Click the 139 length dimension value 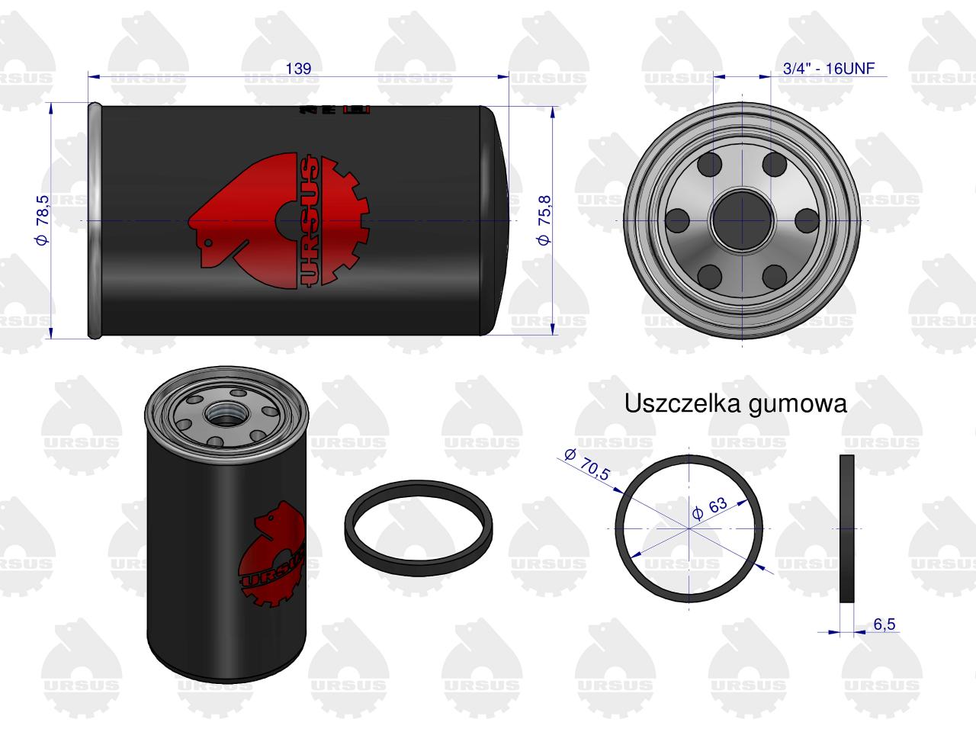click(x=298, y=69)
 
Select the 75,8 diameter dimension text click(x=544, y=220)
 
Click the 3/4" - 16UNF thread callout click(x=828, y=69)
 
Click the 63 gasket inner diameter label click(x=710, y=508)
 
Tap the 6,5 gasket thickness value click(x=884, y=624)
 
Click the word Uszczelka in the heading click(x=683, y=403)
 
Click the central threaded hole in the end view click(x=742, y=220)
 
